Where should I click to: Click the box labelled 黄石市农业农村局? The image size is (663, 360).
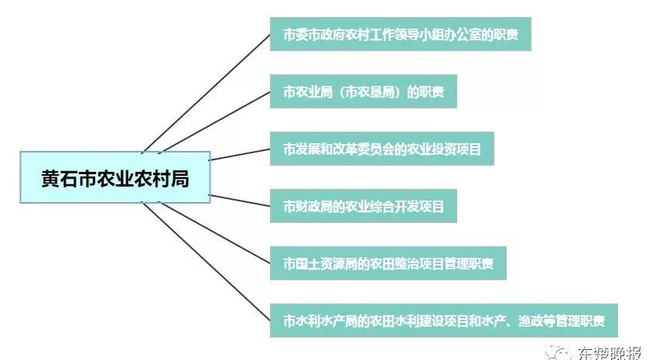pos(115,177)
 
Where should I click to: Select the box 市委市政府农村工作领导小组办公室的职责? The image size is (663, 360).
pos(401,34)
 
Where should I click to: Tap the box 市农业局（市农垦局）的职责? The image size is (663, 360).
pos(363,91)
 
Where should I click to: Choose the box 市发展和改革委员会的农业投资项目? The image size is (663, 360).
pos(382,149)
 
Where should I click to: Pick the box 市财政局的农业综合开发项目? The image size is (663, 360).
pos(363,206)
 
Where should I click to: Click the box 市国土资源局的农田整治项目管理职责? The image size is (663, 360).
pos(388,263)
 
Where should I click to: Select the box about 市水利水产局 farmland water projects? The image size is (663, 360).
pos(444,321)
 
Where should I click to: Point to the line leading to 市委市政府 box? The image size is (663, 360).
pos(207,93)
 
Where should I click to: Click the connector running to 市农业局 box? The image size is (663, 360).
pos(215,122)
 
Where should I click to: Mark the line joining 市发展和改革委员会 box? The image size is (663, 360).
pos(240,154)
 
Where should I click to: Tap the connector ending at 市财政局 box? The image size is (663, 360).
pos(240,201)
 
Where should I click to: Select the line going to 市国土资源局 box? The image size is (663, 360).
pos(215,233)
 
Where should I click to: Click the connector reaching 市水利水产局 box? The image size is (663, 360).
pos(207,262)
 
